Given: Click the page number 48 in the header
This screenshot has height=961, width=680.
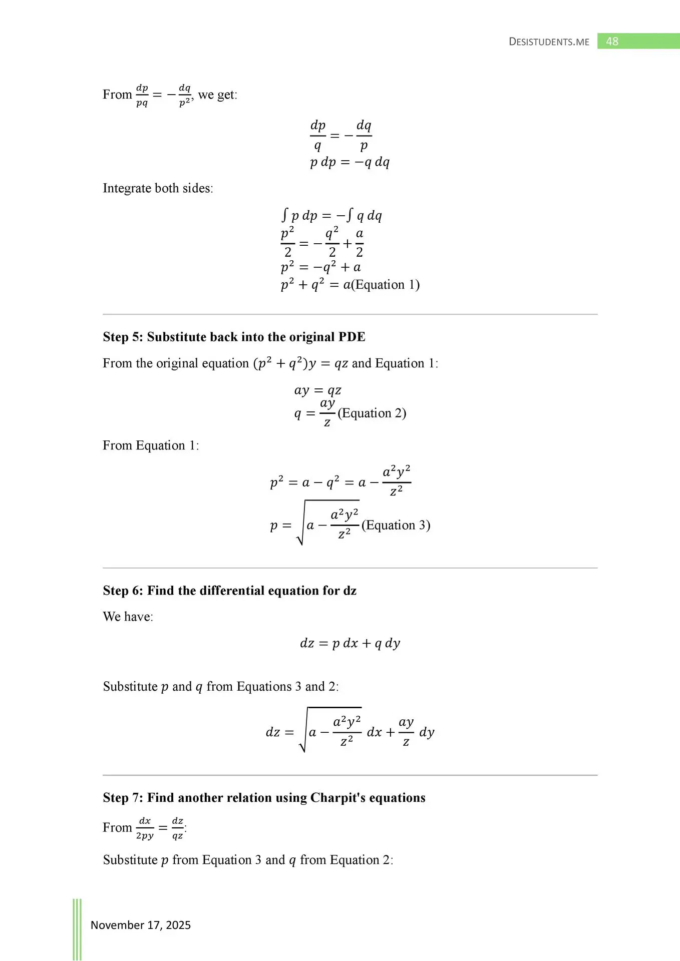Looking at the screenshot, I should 612,42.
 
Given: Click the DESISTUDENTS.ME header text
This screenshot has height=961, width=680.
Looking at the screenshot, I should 549,42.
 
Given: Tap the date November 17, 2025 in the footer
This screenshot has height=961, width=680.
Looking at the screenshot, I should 141,925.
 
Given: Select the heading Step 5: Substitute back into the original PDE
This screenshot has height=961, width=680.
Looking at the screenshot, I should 234,337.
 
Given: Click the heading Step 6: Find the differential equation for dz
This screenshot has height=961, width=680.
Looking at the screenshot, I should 229,591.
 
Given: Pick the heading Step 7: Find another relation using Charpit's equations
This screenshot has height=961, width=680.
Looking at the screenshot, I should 264,798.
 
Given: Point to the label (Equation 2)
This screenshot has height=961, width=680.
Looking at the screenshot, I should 372,413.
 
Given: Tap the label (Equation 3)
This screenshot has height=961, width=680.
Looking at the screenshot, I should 396,525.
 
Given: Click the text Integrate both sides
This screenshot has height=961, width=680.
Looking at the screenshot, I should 158,188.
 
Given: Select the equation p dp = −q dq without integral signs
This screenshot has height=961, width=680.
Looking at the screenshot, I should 350,162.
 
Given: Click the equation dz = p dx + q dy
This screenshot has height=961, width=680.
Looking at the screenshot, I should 350,643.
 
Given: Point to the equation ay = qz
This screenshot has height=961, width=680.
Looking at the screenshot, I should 317,390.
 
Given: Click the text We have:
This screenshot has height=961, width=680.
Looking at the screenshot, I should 128,617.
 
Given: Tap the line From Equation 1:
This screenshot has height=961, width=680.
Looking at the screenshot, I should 151,445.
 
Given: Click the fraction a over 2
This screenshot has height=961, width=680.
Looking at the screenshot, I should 359,243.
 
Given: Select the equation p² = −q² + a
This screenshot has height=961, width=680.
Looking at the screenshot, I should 320,267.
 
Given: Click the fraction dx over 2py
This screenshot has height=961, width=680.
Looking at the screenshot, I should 145,828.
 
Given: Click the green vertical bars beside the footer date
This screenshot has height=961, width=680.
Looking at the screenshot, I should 77,928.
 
